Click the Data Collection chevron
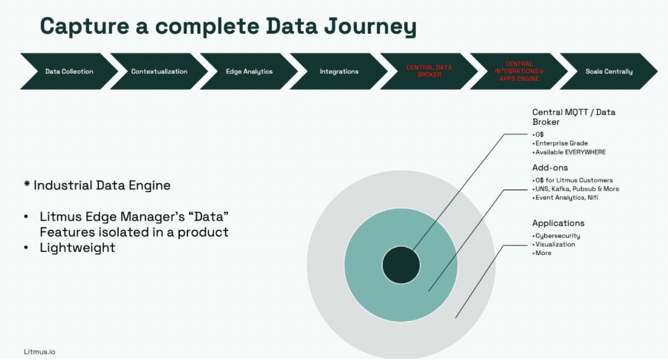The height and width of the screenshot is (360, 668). pos(69,71)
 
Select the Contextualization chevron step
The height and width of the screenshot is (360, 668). pos(159,71)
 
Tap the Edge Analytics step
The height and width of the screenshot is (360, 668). pos(249,71)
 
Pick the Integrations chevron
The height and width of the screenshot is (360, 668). pos(339,71)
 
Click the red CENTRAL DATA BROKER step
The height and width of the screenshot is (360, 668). pos(428,71)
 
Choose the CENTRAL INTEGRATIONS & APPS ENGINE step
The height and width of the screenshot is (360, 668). pos(519,71)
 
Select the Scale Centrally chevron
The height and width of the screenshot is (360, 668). pos(608,71)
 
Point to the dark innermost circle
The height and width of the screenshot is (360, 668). pos(401,265)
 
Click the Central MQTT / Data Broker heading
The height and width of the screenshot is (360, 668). pos(573,116)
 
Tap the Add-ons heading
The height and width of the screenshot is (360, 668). pos(550,168)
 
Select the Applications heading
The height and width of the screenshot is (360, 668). pos(558,223)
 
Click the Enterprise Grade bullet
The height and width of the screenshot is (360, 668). pos(561,143)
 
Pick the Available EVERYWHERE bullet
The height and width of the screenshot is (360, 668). pos(570,152)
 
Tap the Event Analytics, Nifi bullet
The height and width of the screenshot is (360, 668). pos(566,197)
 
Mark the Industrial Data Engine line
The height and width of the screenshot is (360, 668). pos(89,185)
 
